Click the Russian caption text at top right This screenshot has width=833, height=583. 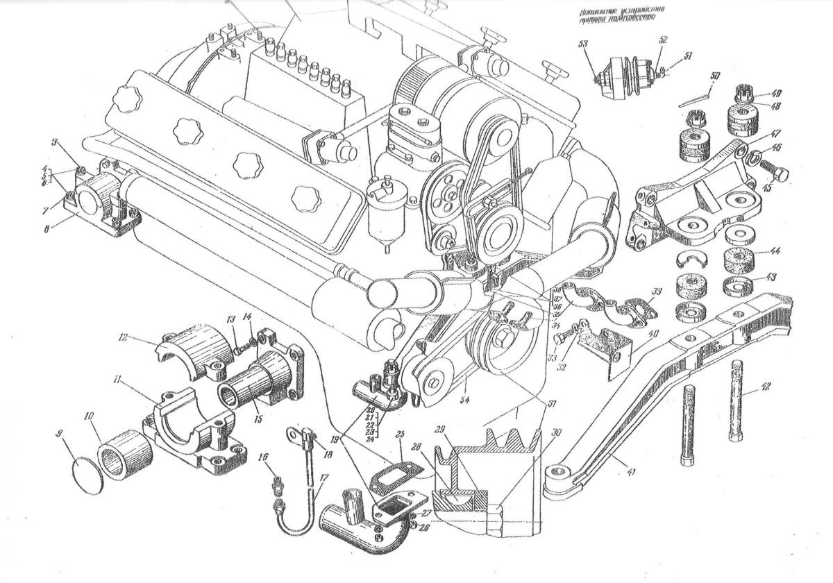(619, 16)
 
